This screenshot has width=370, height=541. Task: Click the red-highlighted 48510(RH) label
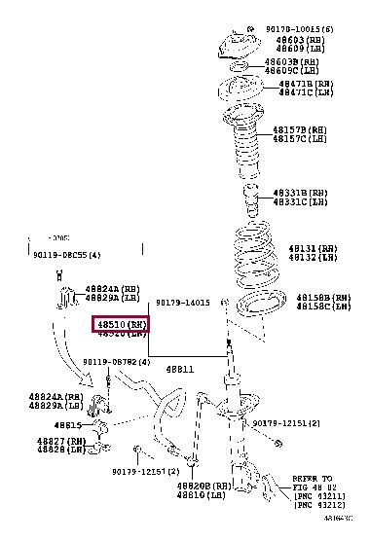(119, 323)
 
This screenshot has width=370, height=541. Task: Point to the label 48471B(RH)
(308, 85)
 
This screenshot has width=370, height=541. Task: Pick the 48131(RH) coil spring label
(311, 248)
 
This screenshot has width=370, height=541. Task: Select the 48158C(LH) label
(323, 307)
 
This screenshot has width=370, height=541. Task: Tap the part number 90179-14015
(182, 303)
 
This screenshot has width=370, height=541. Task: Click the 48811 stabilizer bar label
(179, 370)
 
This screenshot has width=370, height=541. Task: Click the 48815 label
(67, 425)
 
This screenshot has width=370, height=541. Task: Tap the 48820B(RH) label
(203, 485)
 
